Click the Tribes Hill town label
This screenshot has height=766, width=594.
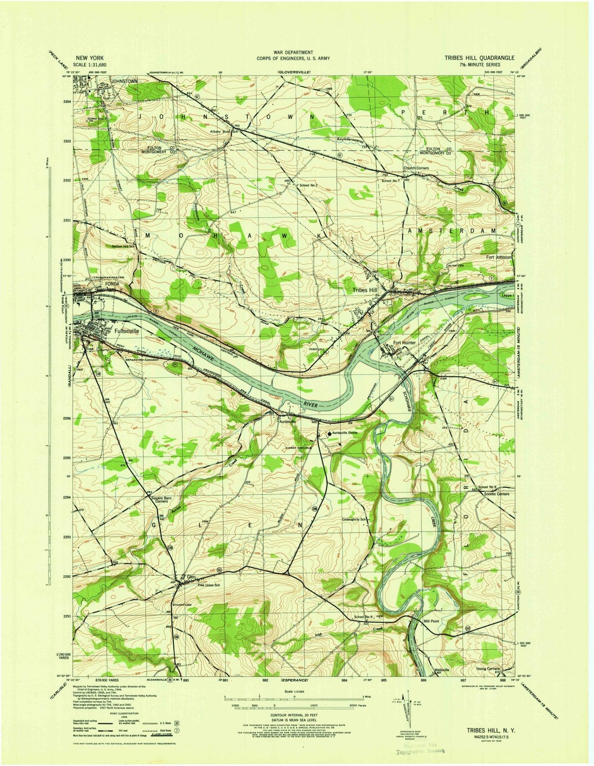tap(365, 290)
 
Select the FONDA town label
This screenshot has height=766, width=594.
tap(112, 283)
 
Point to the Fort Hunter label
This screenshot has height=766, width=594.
tap(404, 343)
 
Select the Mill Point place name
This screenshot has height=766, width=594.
tap(431, 621)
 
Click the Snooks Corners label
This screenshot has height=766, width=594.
tap(496, 494)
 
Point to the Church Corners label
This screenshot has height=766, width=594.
tap(416, 168)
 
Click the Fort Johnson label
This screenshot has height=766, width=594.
tap(499, 257)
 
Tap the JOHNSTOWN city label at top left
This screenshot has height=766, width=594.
tap(124, 81)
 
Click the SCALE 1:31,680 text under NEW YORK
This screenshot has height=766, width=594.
tap(90, 65)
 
